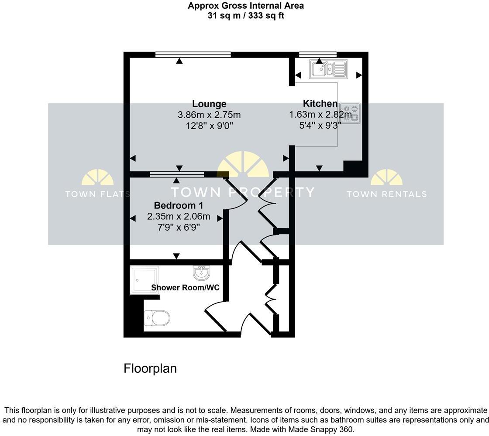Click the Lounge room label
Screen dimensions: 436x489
pos(209,104)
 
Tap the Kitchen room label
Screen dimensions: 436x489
pos(320,104)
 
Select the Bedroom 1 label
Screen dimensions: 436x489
pos(179,205)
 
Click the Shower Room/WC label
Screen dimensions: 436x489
pos(185,288)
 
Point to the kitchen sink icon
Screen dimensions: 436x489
pos(328,69)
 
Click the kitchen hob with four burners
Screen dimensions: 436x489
pos(350,113)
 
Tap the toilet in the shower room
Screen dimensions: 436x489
pos(157,318)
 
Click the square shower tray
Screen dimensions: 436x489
pos(144,279)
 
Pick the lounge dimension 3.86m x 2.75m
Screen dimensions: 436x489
pos(209,115)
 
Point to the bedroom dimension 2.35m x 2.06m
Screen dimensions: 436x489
pos(179,217)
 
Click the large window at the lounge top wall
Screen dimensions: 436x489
pos(193,54)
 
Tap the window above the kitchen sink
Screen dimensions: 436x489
pos(318,54)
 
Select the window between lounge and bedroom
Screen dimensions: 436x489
pos(177,174)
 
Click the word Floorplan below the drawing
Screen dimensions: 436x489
pos(150,368)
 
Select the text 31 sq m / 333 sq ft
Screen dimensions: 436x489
pos(246,16)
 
